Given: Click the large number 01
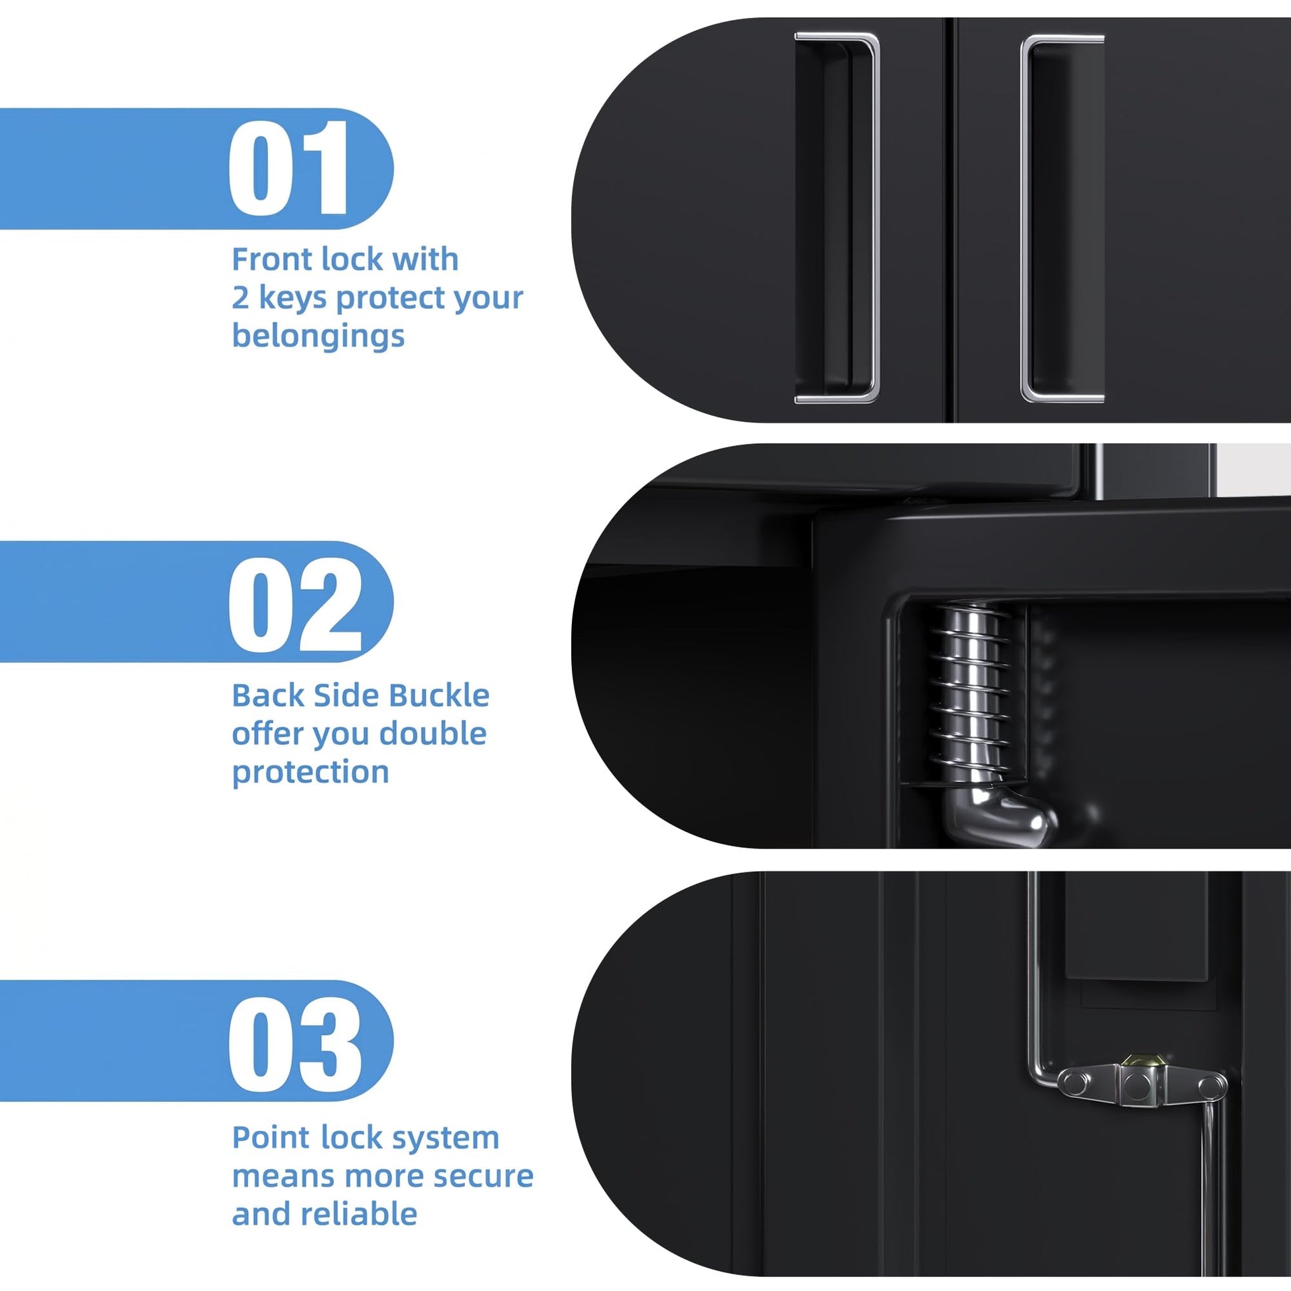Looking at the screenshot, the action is pos(289,168).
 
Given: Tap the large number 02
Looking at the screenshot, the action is pos(295,604).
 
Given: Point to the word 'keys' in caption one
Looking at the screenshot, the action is pos(292,298).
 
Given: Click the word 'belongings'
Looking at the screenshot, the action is pos(318,336).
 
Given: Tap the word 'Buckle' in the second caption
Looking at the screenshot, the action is pos(439,696).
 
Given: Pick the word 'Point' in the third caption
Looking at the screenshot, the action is pos(270,1137).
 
